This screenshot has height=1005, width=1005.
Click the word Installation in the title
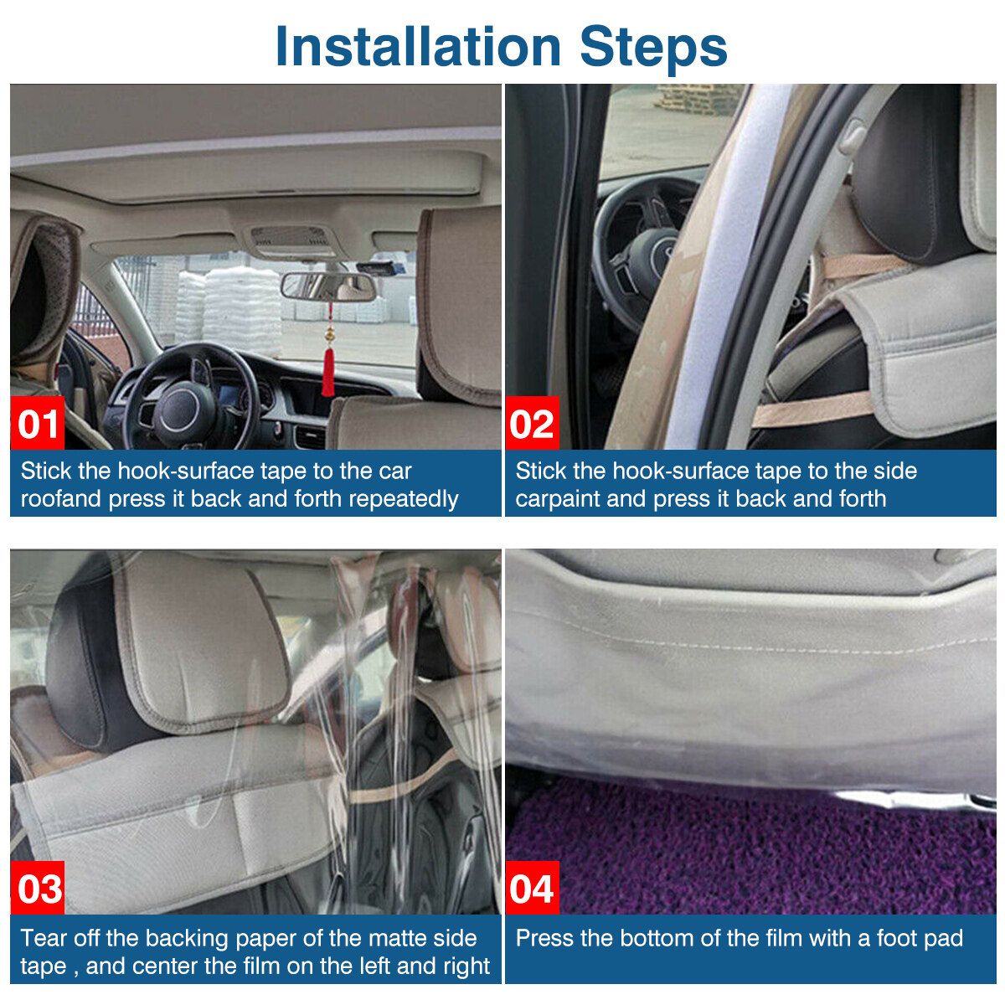418,46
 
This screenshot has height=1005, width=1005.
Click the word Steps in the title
653,48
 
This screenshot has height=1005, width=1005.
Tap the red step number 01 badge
37,423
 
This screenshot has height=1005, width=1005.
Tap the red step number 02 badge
532,423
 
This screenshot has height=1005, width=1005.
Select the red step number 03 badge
37,889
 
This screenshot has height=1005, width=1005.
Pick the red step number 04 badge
532,889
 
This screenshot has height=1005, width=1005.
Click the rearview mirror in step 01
327,286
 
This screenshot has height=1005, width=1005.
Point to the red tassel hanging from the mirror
327,372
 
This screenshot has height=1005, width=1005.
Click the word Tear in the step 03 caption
44,938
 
